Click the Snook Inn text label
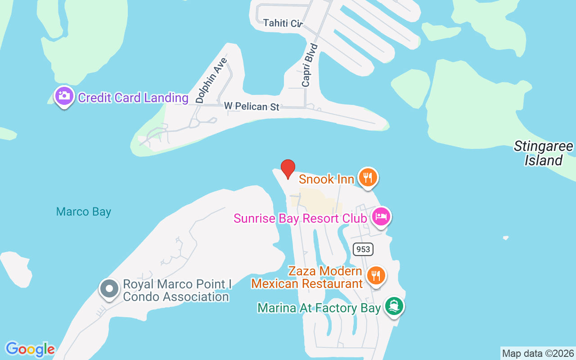coord(326,179)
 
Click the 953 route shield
coord(363,249)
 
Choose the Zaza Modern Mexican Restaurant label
coord(307,278)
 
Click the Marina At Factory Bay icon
coord(394,307)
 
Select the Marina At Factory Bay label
coord(319,308)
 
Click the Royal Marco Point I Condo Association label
coord(176,291)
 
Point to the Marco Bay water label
coord(84,211)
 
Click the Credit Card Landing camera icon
coord(64,96)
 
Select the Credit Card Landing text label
coord(133,98)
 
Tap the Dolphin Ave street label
coord(212,81)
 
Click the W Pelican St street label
coord(252,107)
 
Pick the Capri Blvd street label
coord(310,65)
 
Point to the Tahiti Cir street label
coord(283,23)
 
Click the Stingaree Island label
coord(544,153)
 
